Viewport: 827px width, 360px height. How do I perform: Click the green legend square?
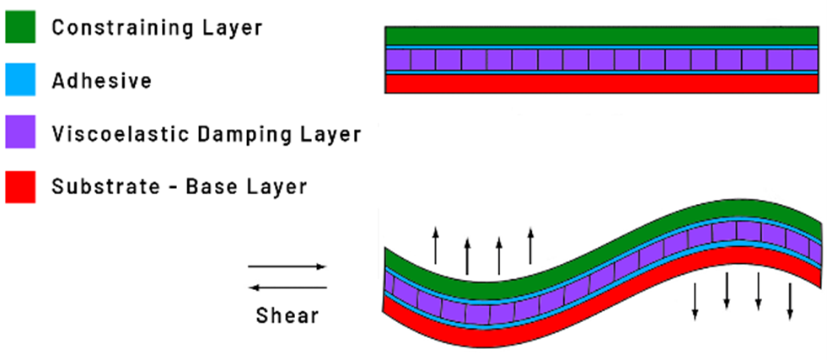click(x=21, y=27)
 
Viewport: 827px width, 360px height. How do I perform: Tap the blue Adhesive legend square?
click(x=21, y=81)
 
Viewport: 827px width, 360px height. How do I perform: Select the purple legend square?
click(x=21, y=133)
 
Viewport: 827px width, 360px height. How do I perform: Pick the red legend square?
click(x=21, y=185)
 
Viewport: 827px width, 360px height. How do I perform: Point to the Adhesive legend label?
click(x=101, y=81)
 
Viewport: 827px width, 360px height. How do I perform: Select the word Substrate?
click(x=99, y=185)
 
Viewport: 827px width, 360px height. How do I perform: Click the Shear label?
click(x=287, y=316)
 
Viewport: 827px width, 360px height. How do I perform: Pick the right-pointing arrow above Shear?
click(x=287, y=267)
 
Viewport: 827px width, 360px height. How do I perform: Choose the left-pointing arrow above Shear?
click(x=287, y=287)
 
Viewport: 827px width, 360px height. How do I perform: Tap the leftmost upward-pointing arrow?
click(x=436, y=245)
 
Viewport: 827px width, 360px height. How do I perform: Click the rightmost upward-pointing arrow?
click(x=530, y=245)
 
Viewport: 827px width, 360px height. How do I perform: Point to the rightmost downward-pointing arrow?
click(x=790, y=301)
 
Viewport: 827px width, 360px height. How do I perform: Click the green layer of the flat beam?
click(x=601, y=35)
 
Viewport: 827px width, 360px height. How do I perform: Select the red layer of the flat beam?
click(x=601, y=84)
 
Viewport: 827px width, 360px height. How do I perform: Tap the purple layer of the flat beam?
click(x=601, y=60)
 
